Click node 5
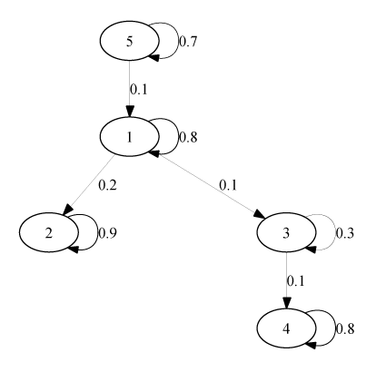click(x=130, y=41)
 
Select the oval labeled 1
click(x=130, y=137)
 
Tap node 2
click(x=49, y=232)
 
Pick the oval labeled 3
click(x=286, y=232)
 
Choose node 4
click(x=286, y=328)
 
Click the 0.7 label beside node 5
click(x=188, y=42)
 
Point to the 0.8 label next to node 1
click(x=188, y=137)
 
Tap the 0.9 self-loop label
click(x=107, y=233)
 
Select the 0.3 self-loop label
click(x=345, y=233)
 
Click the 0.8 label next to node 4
click(x=345, y=328)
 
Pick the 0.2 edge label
click(x=107, y=185)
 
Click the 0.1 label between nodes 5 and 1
click(x=139, y=90)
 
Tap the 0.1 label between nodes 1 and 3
click(x=228, y=185)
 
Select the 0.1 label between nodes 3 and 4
click(x=295, y=281)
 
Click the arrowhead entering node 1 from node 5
click(x=130, y=112)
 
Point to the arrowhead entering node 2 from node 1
click(x=68, y=210)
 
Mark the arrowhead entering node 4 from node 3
click(x=286, y=303)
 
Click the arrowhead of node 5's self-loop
click(x=153, y=57)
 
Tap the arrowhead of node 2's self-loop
click(x=73, y=250)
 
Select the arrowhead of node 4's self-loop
click(x=310, y=345)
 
